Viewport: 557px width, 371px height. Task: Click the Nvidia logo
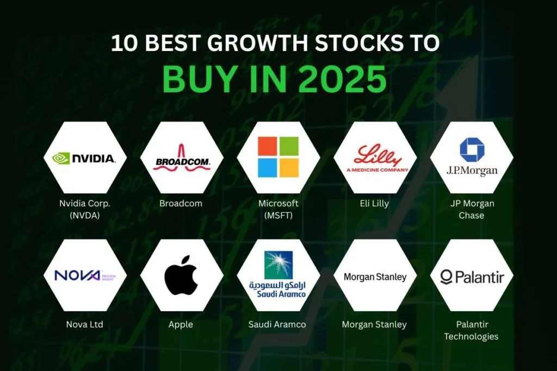[x=84, y=158]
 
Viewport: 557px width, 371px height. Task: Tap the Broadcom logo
[x=181, y=160]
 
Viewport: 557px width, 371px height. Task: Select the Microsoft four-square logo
[x=278, y=156]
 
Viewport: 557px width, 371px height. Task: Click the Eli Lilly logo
[x=375, y=158]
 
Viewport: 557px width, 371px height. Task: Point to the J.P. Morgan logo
[x=472, y=158]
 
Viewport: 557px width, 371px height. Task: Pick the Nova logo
[x=84, y=275]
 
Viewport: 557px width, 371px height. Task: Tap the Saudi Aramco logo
[x=277, y=275]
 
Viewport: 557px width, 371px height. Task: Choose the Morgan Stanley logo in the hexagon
[x=375, y=277]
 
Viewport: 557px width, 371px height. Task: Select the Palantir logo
[x=472, y=278]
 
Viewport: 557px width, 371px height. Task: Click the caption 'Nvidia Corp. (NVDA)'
[x=84, y=209]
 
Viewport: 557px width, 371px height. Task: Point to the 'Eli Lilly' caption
[x=374, y=204]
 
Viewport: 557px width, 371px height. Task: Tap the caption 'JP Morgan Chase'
[x=471, y=209]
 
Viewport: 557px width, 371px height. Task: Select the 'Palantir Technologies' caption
[x=471, y=330]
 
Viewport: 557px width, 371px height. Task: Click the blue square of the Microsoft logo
[x=267, y=167]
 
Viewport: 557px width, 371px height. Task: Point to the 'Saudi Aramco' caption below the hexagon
[x=277, y=324]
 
